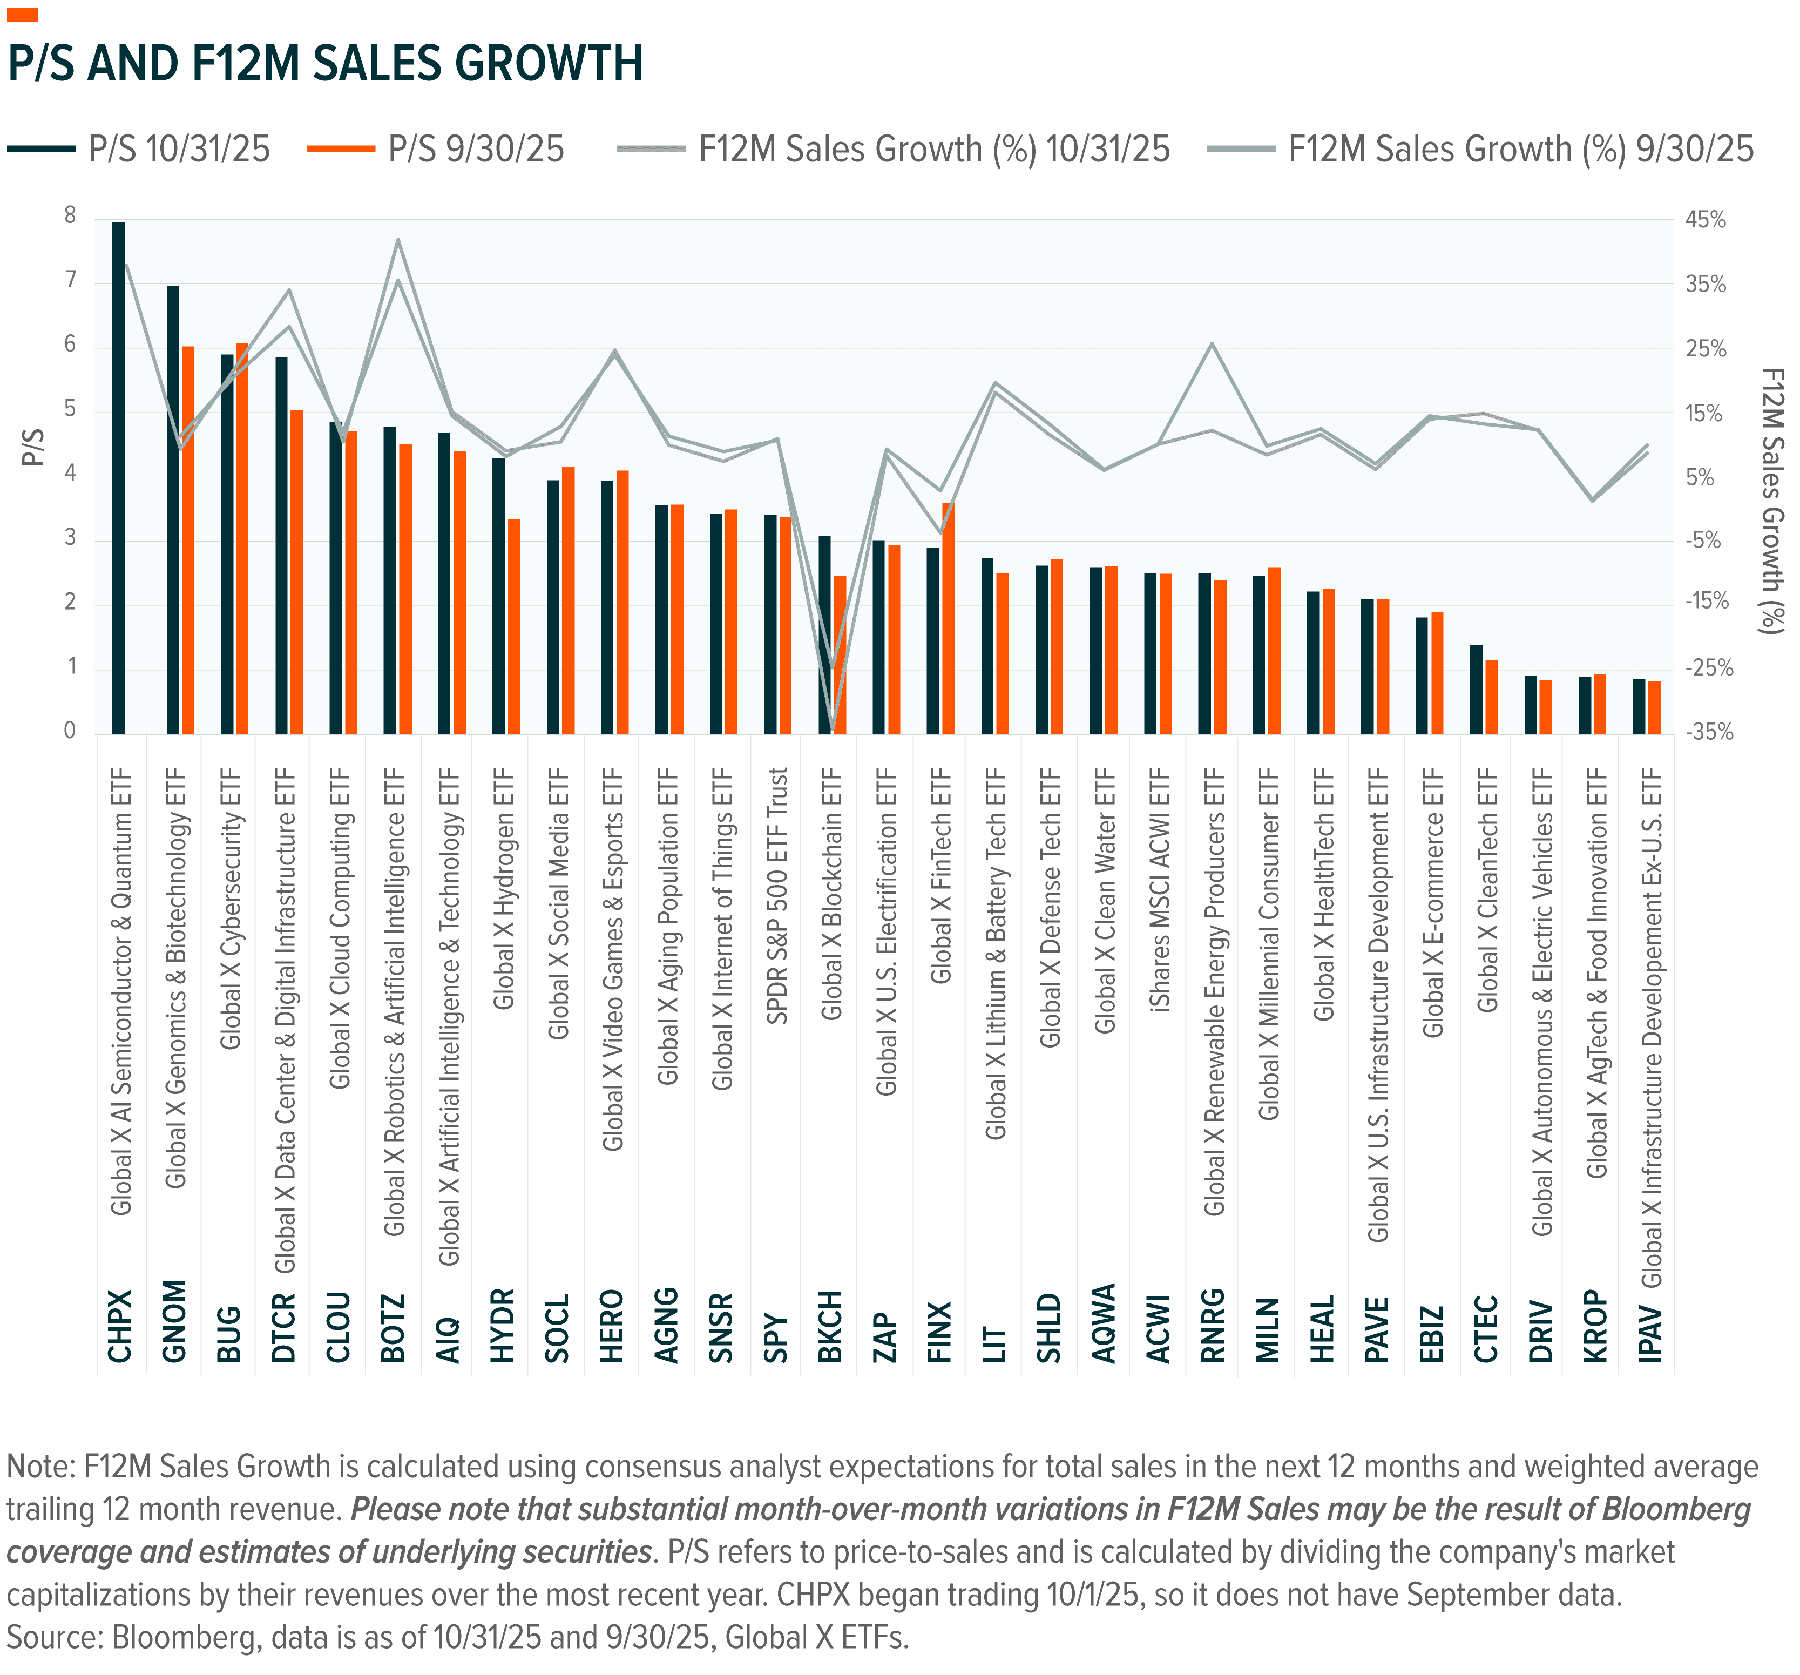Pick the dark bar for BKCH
pos(824,634)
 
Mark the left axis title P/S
pos(32,447)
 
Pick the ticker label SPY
pos(776,1338)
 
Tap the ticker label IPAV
pos(1650,1333)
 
